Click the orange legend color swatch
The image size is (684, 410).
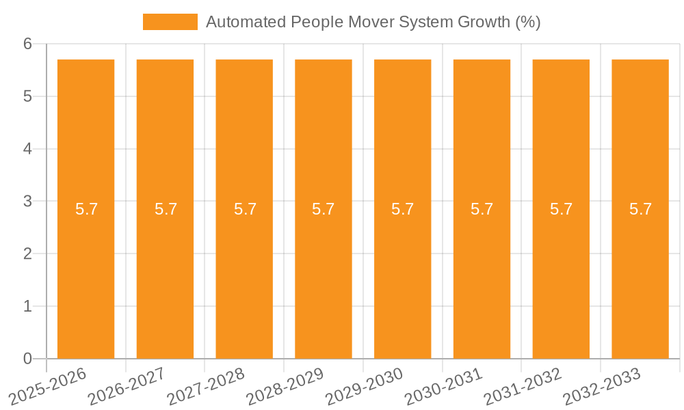click(170, 22)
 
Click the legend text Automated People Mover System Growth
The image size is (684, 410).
click(373, 22)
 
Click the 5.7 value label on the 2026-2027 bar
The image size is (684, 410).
click(166, 209)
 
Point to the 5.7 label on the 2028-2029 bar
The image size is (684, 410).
click(324, 209)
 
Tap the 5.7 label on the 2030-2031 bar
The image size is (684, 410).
click(482, 209)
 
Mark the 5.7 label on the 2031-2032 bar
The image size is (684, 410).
click(561, 209)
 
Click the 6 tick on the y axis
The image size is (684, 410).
click(27, 44)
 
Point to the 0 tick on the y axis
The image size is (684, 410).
click(27, 359)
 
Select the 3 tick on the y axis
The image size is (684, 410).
click(27, 202)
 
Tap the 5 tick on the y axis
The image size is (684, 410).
click(27, 96)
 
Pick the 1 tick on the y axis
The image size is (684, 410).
click(27, 306)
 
